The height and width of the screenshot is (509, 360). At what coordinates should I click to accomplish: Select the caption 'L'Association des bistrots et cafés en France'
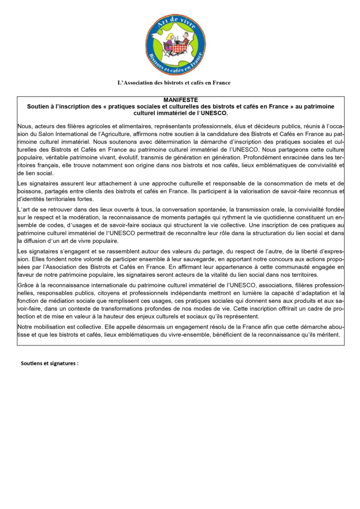coord(174,83)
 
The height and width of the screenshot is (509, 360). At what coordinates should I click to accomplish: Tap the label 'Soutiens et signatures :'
coord(49,363)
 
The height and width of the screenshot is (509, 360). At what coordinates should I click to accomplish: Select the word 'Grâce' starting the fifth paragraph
coord(25,286)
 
